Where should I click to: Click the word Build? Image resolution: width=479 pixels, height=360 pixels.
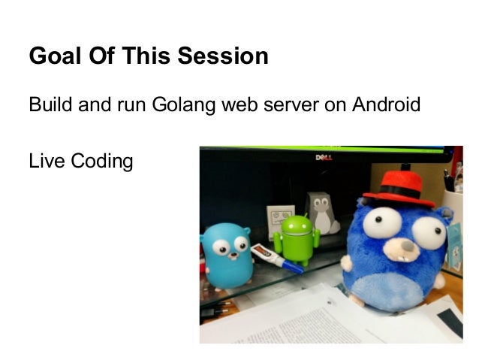click(x=50, y=104)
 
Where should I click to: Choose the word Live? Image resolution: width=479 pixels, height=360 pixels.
click(x=46, y=161)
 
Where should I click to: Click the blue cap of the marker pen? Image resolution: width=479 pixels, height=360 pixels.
click(x=293, y=267)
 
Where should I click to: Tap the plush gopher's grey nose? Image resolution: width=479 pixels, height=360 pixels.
click(x=405, y=245)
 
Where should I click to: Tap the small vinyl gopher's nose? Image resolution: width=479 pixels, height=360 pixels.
click(x=227, y=253)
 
